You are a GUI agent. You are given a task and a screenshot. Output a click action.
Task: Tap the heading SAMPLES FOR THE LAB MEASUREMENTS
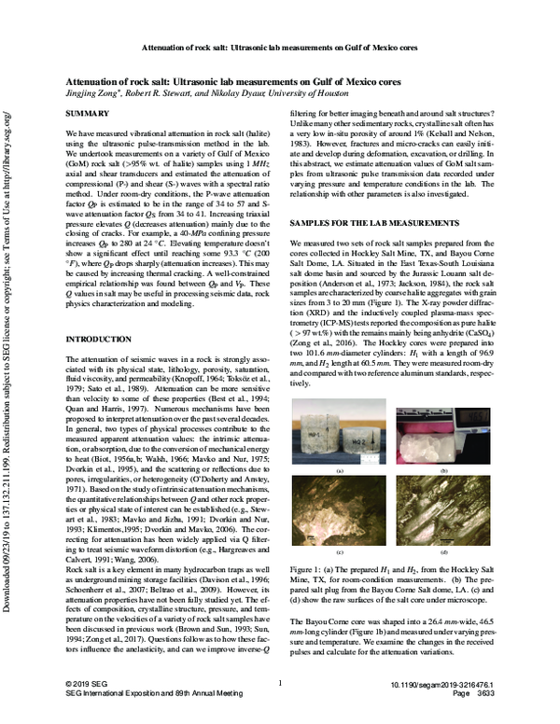(x=377, y=226)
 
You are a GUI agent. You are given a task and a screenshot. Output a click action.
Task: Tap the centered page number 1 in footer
(x=280, y=709)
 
